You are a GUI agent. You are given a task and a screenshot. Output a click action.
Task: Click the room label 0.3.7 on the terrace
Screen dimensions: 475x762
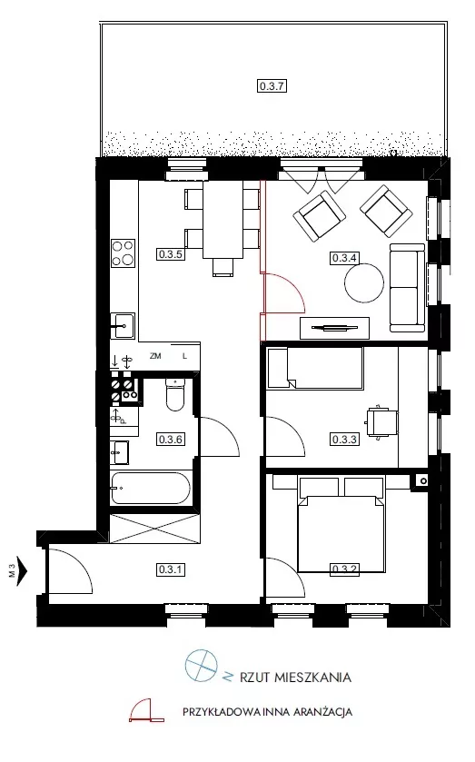[272, 86]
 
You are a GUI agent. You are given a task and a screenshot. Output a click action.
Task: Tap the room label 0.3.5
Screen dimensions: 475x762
[171, 253]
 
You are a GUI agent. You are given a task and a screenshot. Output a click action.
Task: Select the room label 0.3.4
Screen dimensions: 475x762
[344, 258]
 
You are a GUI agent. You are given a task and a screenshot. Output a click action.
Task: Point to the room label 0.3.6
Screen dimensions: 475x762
[171, 440]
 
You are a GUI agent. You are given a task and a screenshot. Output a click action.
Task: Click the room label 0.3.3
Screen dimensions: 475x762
[344, 440]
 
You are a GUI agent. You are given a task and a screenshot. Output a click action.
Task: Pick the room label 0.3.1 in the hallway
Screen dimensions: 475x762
[171, 569]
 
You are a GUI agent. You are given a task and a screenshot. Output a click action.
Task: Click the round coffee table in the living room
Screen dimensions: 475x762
[364, 282]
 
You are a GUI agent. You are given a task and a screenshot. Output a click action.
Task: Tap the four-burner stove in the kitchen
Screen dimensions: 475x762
[123, 252]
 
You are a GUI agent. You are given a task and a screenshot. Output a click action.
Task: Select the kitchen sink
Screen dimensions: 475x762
[123, 325]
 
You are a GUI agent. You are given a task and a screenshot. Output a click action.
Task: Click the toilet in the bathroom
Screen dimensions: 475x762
[175, 394]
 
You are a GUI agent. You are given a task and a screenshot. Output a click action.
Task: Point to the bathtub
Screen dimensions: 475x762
[150, 488]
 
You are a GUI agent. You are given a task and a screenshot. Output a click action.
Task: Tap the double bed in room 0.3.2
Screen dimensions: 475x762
[341, 525]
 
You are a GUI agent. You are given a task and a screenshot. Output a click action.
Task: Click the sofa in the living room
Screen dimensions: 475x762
[408, 288]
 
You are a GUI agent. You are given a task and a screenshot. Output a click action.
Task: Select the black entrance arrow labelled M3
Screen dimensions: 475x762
[22, 570]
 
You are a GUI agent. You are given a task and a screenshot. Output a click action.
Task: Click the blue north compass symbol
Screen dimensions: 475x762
[201, 666]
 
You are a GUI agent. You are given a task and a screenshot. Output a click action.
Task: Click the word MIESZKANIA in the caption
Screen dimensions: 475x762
[312, 677]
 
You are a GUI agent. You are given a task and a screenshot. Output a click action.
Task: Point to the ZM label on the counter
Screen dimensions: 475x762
[155, 356]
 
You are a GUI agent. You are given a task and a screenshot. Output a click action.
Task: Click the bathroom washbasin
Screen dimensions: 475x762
[120, 453]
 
